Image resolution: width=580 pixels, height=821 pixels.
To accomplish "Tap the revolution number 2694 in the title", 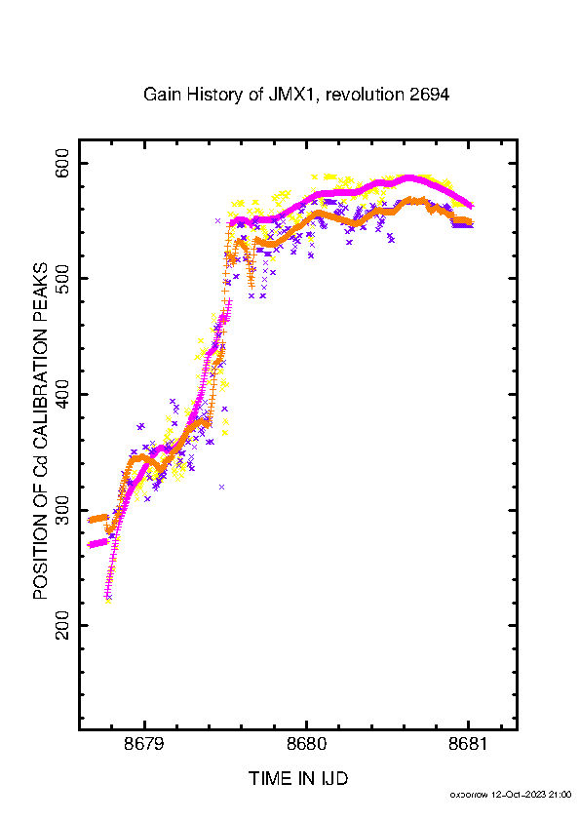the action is coord(429,95).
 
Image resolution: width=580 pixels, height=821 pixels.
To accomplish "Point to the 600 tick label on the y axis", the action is coord(62,163).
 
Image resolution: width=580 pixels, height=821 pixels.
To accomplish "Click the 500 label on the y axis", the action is coord(62,279).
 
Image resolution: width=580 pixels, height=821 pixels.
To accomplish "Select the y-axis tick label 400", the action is coord(62,394).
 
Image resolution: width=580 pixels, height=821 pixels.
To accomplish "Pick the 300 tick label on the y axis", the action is coord(62,510).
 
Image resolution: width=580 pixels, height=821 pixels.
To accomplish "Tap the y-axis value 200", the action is coord(62,625).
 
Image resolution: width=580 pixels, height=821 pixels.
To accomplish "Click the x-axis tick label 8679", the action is coord(144,744).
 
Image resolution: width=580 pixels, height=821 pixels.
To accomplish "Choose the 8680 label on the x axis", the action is coord(306,744).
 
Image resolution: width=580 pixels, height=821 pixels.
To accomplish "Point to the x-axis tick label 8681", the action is coord(468,744).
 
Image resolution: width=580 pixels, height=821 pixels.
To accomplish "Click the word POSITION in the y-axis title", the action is coord(40,556).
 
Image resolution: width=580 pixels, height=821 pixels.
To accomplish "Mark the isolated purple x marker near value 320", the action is coord(222,487).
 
